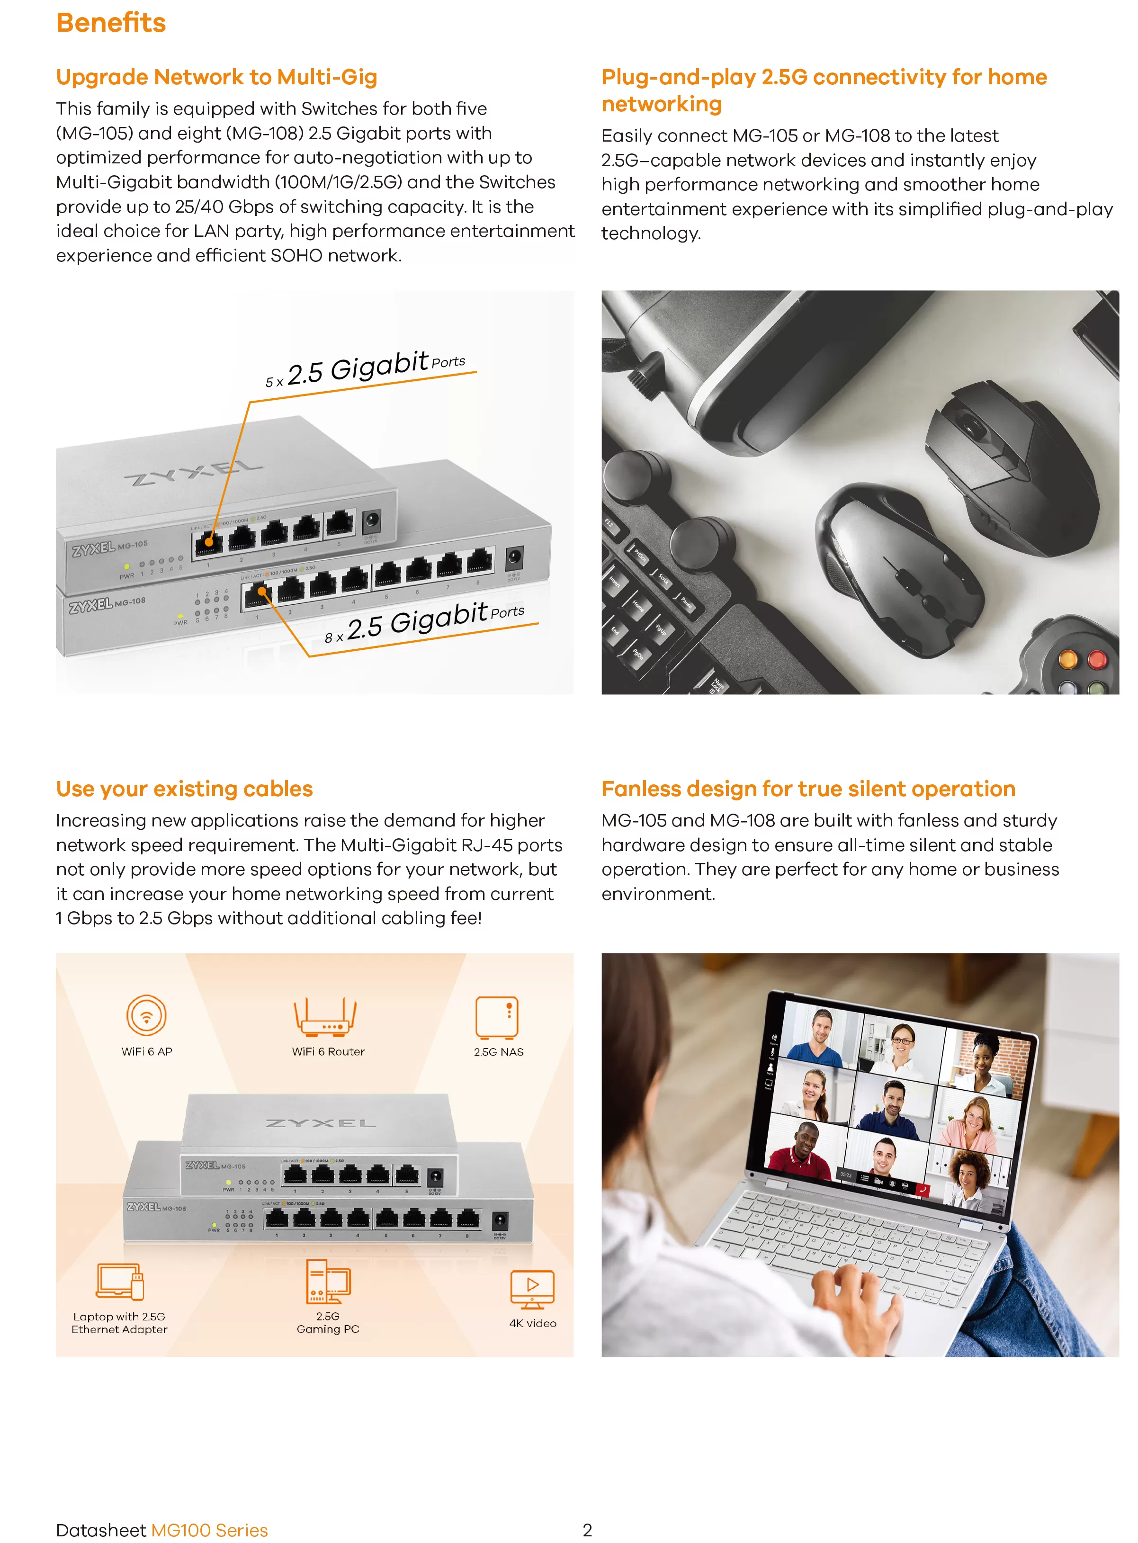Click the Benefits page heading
111,23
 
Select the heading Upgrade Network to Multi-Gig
216,77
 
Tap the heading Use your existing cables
184,789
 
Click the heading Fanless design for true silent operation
808,789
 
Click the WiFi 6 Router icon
326,1017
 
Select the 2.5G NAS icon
497,1017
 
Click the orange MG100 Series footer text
209,1530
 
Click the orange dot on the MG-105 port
209,542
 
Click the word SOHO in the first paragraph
296,256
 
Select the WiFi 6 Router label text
328,1052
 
